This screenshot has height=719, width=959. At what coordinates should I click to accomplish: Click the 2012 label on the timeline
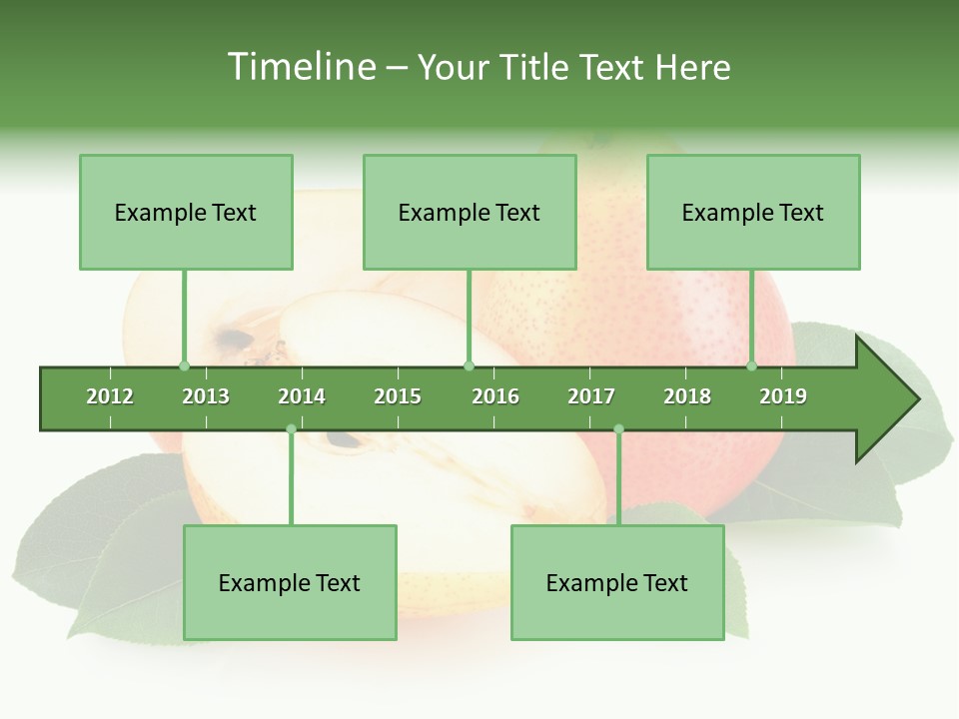(x=110, y=396)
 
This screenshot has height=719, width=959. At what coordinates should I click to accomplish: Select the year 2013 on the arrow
(x=206, y=396)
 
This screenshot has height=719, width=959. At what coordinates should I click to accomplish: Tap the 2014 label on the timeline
(x=302, y=396)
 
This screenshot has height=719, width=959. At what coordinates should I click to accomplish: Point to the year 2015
(x=398, y=396)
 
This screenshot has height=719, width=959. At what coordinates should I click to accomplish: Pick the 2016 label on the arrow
(x=495, y=396)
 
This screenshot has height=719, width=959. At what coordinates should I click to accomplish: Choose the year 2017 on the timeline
(x=591, y=396)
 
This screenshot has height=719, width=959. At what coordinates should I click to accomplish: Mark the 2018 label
(x=687, y=396)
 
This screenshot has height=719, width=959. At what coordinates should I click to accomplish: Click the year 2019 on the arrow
(x=783, y=396)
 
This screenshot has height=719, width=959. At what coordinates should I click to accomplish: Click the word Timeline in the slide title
(x=300, y=67)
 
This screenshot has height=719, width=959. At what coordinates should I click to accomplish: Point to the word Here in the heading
(x=692, y=67)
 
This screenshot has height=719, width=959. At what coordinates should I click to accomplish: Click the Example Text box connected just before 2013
(x=186, y=212)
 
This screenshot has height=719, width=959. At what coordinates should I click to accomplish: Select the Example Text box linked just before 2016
(x=470, y=212)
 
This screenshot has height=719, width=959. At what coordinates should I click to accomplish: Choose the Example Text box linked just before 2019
(x=753, y=212)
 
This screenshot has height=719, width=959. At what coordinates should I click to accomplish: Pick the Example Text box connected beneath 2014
(x=290, y=582)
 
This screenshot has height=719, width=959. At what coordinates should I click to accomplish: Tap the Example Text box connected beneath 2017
(x=617, y=582)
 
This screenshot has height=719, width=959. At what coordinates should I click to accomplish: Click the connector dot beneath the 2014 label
(x=291, y=429)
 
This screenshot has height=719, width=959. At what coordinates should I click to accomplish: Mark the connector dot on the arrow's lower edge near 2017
(x=618, y=429)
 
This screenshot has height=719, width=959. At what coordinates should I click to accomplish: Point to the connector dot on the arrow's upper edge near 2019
(x=752, y=365)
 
